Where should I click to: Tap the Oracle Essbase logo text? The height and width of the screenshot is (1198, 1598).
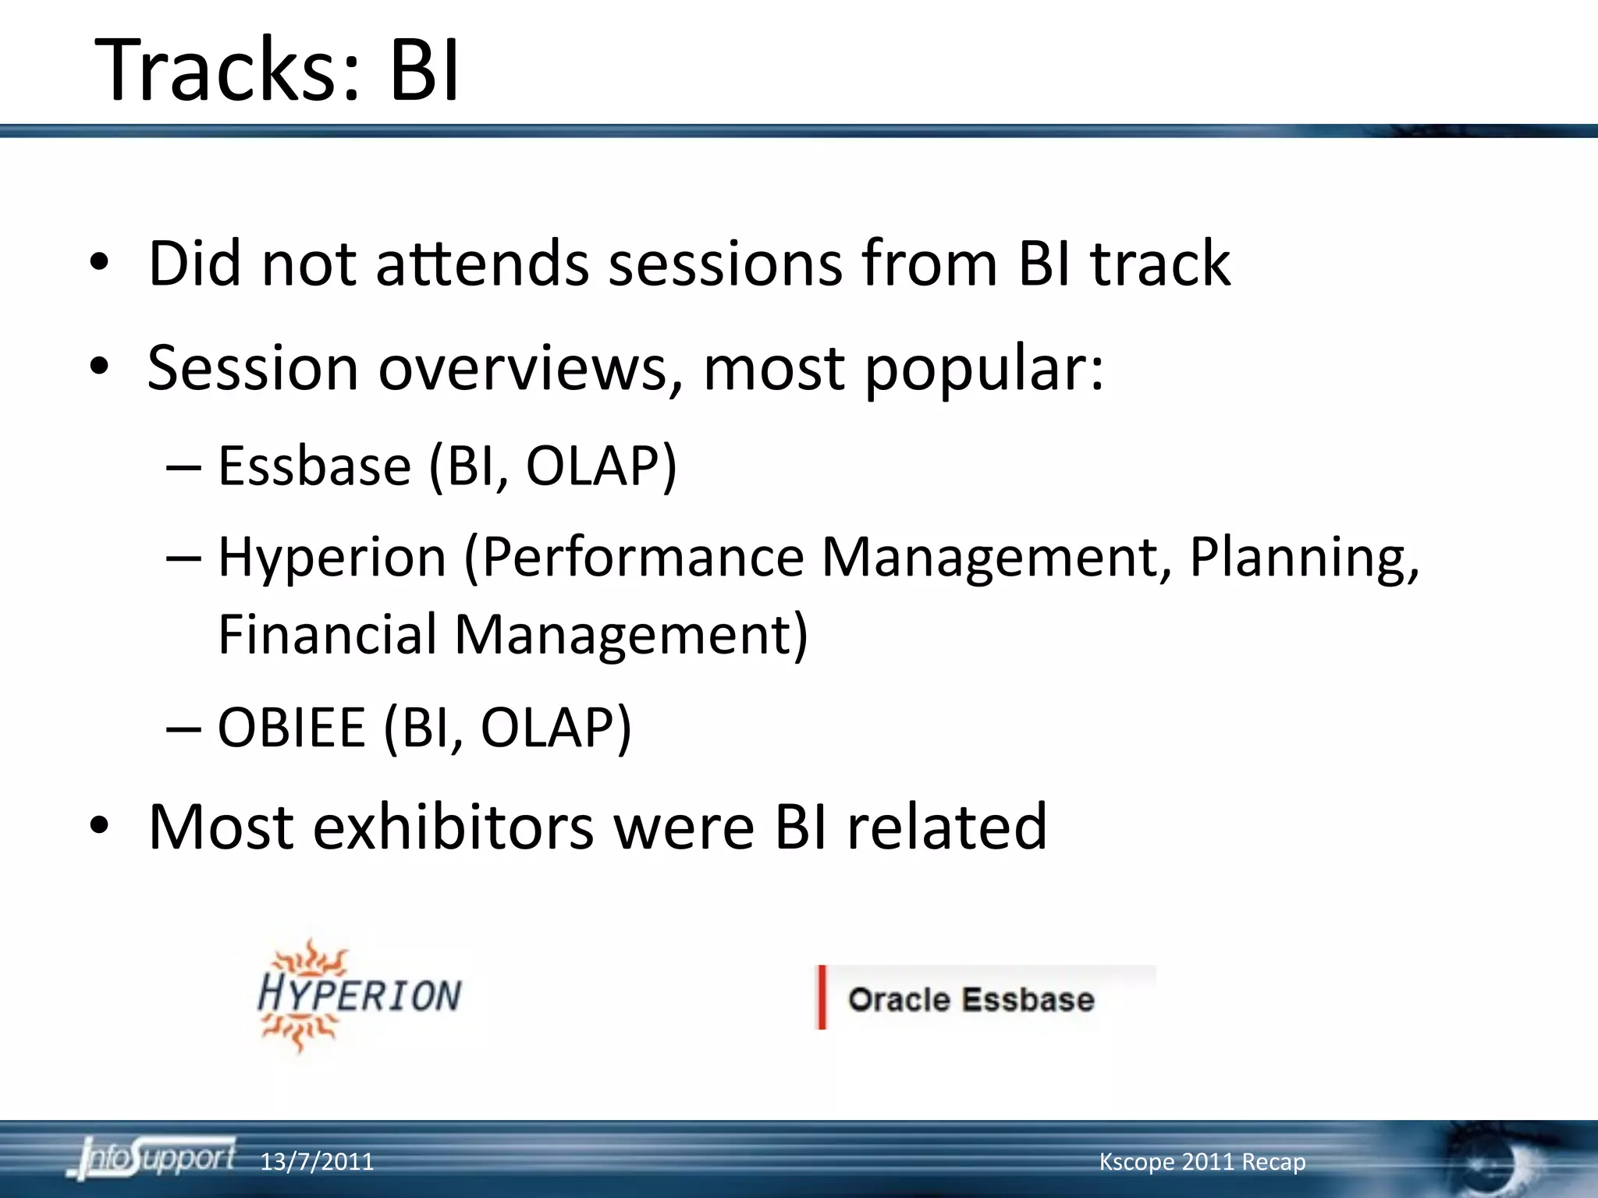click(971, 999)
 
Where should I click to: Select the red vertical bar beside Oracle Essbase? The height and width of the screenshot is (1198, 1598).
click(822, 998)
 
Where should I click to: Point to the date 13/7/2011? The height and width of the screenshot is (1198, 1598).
click(316, 1162)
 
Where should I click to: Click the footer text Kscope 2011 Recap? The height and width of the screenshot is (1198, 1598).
click(1202, 1161)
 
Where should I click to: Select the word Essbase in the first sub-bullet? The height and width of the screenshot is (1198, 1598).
click(314, 466)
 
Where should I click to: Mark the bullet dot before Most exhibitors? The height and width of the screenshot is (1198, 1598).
click(99, 827)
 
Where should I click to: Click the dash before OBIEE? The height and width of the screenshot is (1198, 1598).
click(184, 728)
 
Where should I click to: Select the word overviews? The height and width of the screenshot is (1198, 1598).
click(523, 368)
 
